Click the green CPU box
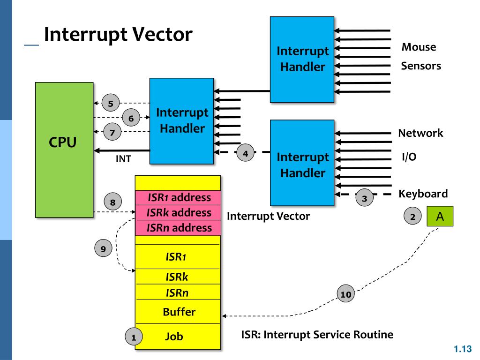pyautogui.click(x=64, y=150)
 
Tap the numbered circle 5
pyautogui.click(x=111, y=103)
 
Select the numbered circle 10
pyautogui.click(x=346, y=294)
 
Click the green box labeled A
pyautogui.click(x=440, y=217)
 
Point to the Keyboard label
pyautogui.click(x=423, y=194)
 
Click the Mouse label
pyautogui.click(x=419, y=47)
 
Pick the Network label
pyautogui.click(x=420, y=133)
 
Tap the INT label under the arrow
pyautogui.click(x=123, y=159)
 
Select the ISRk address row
pyautogui.click(x=178, y=212)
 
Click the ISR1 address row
pyautogui.click(x=178, y=198)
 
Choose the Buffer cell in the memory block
pyautogui.click(x=178, y=312)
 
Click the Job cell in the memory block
pyautogui.click(x=178, y=337)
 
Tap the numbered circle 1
pyautogui.click(x=134, y=337)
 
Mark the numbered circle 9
pyautogui.click(x=103, y=248)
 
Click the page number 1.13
pyautogui.click(x=463, y=349)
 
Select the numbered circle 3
pyautogui.click(x=364, y=198)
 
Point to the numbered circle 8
pyautogui.click(x=112, y=202)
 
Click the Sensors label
pyautogui.click(x=421, y=66)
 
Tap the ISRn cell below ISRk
pyautogui.click(x=178, y=292)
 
